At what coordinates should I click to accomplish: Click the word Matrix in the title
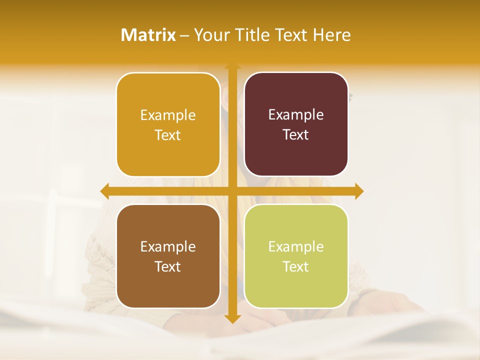pos(148,35)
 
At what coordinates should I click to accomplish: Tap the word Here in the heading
pos(331,35)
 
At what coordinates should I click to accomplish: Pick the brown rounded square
pos(168,287)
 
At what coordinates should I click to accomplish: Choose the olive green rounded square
pos(296,287)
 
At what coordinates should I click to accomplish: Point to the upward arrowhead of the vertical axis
pos(232,66)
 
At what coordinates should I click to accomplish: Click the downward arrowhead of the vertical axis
pos(232,318)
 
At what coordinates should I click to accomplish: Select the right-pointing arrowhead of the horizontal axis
pos(358,191)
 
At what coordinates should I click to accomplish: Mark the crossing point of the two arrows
pos(232,191)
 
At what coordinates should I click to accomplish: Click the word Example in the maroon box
pos(296,114)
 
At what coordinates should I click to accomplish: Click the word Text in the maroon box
pos(296,135)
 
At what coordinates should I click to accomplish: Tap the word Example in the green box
pos(296,246)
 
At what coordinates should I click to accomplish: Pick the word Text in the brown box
pos(168,267)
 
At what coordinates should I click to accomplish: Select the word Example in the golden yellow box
pos(168,115)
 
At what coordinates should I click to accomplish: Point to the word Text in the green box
pos(296,267)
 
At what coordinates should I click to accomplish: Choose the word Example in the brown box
pos(168,246)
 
